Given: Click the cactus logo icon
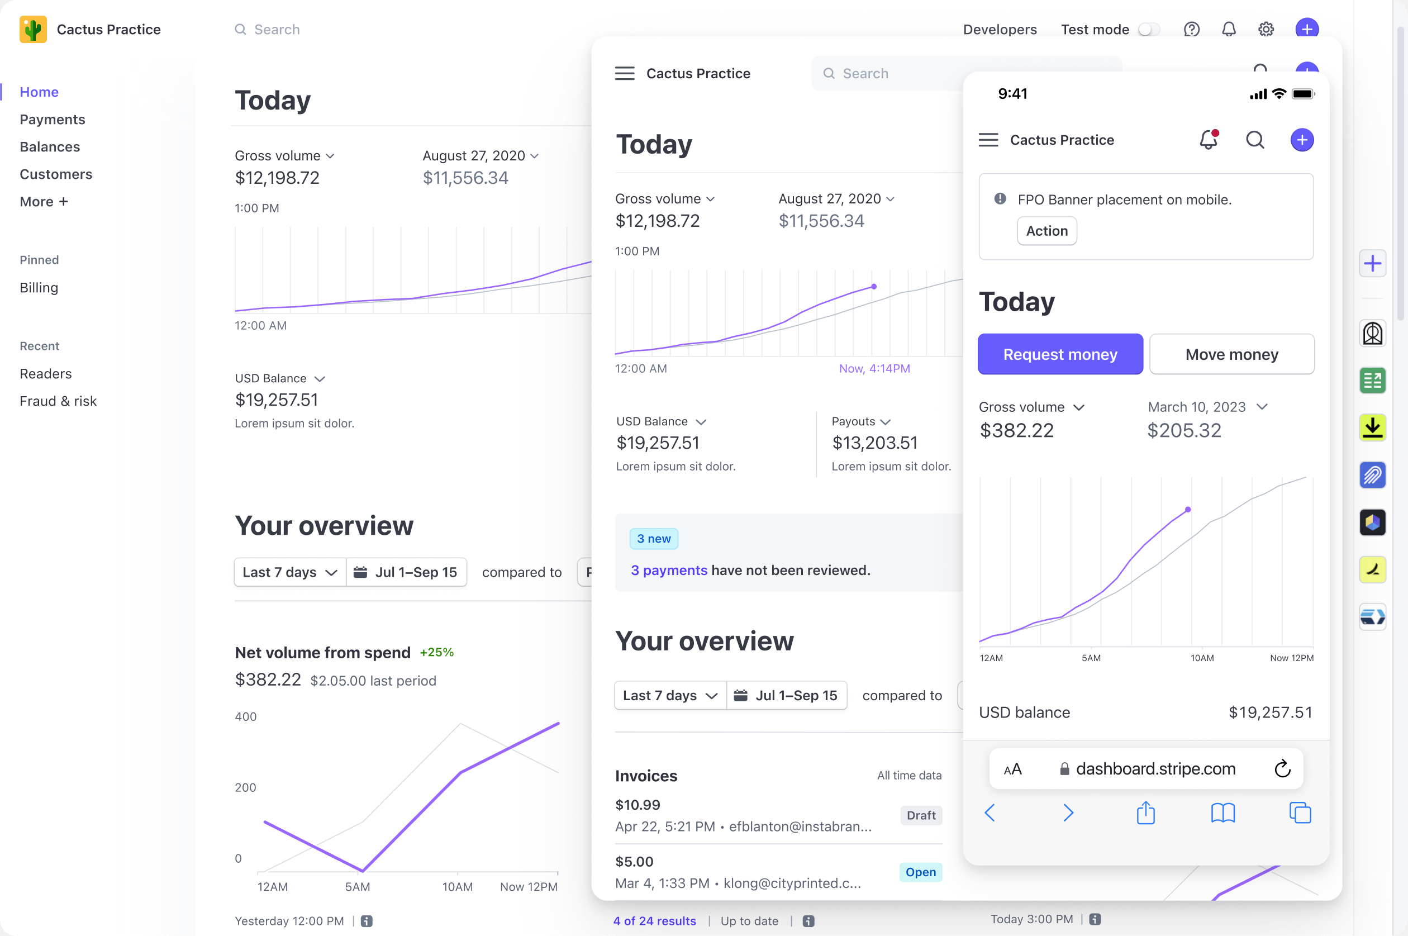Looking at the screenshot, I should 33,29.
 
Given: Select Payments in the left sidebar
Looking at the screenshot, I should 53,120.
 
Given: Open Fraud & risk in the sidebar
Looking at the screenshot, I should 58,401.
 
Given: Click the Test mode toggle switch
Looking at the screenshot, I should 1148,29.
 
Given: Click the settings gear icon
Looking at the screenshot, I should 1266,29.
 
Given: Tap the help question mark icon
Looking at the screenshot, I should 1191,29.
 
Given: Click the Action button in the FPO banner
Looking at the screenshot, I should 1047,231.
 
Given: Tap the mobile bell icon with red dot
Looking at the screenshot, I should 1208,140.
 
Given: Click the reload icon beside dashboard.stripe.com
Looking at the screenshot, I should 1282,769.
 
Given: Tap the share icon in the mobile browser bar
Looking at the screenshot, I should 1145,813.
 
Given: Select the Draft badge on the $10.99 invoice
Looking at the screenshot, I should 920,815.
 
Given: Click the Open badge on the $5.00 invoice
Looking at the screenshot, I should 920,872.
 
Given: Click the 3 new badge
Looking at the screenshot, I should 654,539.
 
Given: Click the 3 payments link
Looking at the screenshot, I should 668,570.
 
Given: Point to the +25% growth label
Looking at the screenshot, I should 436,653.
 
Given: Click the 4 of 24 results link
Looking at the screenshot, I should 654,921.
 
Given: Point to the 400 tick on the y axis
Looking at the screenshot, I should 245,716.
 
